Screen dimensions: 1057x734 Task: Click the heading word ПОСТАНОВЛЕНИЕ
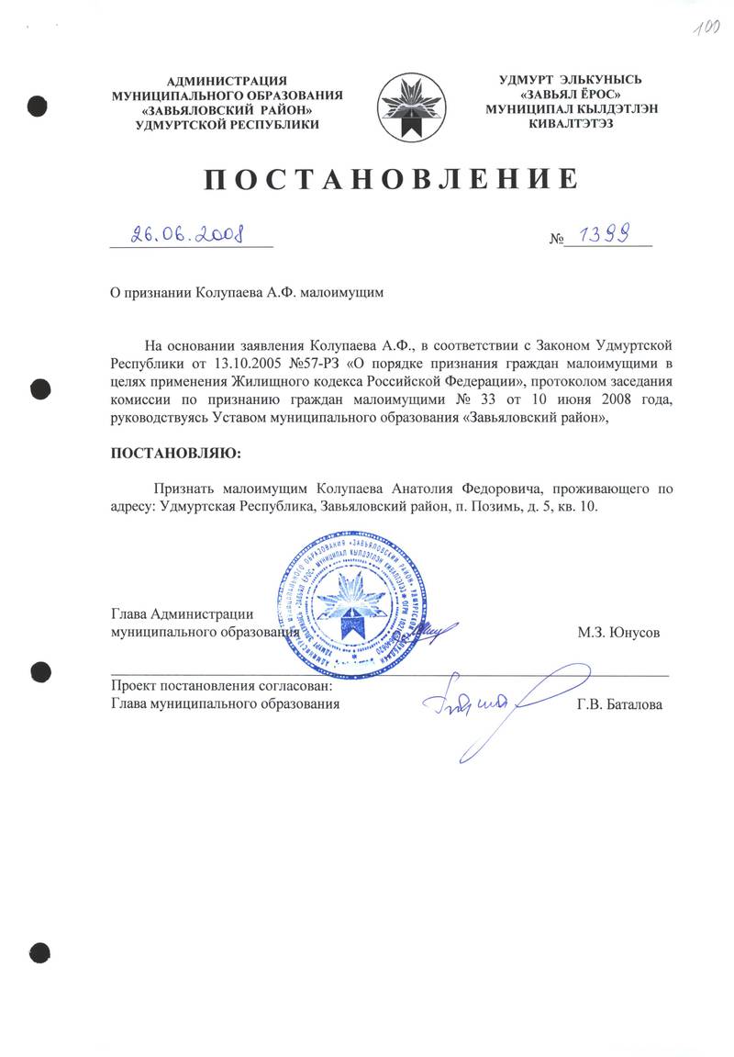pyautogui.click(x=390, y=179)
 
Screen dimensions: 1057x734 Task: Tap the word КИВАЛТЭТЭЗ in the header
pyautogui.click(x=577, y=123)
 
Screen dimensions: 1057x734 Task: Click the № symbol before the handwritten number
pyautogui.click(x=555, y=240)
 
